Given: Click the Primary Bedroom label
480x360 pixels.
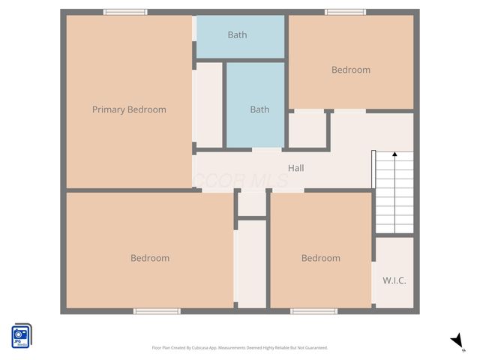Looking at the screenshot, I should click(129, 109).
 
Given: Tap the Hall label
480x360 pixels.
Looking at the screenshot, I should click(295, 169).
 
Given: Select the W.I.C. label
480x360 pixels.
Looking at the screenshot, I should click(394, 280).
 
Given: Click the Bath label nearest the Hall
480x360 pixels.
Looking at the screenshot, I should click(259, 109).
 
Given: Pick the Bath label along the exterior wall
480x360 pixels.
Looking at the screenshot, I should click(237, 34).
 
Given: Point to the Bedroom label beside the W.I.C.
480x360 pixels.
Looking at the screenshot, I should click(320, 258).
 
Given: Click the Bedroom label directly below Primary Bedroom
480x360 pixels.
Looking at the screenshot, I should click(150, 258).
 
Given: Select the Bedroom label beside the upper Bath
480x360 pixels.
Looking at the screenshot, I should click(351, 70).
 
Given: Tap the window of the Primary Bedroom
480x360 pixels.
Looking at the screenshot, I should click(125, 12).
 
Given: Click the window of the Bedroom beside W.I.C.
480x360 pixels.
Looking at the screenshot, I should click(313, 310).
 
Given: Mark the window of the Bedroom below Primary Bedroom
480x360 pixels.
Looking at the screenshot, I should click(157, 310).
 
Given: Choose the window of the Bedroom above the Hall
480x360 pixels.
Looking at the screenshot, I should click(345, 12).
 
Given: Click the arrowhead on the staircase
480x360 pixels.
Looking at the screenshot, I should click(394, 155).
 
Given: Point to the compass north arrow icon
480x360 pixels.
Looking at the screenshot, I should click(457, 341).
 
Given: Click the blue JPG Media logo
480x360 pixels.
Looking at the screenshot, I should click(21, 334).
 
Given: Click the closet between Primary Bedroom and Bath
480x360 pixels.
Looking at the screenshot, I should click(209, 105).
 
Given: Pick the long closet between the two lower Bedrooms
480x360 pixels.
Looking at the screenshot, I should click(251, 262).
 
